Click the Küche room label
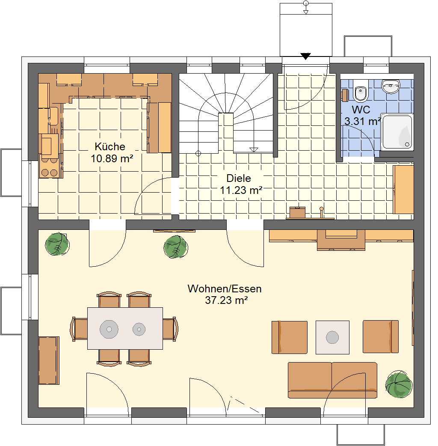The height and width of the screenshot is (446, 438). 109,146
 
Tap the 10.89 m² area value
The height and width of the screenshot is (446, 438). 112,158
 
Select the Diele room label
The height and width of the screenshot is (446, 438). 239,178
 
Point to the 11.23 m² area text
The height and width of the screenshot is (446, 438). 241,190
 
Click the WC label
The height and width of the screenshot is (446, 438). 361,110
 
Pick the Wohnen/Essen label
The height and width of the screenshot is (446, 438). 224,289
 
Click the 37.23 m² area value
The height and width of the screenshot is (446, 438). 226,300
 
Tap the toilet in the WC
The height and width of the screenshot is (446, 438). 360,90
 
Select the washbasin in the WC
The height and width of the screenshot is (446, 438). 391,86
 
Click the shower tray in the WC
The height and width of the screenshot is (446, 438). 397,132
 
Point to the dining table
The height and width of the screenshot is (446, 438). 125,328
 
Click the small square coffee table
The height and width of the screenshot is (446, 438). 332,337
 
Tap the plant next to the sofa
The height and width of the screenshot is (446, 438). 399,384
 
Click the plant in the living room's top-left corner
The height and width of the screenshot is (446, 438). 57,244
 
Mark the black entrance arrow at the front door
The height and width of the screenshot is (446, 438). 305,56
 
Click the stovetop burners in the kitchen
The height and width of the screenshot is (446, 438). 50,167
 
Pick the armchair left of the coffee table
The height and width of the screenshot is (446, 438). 289,337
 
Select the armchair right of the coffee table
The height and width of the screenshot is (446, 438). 381,337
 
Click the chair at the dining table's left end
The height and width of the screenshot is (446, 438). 79,329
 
